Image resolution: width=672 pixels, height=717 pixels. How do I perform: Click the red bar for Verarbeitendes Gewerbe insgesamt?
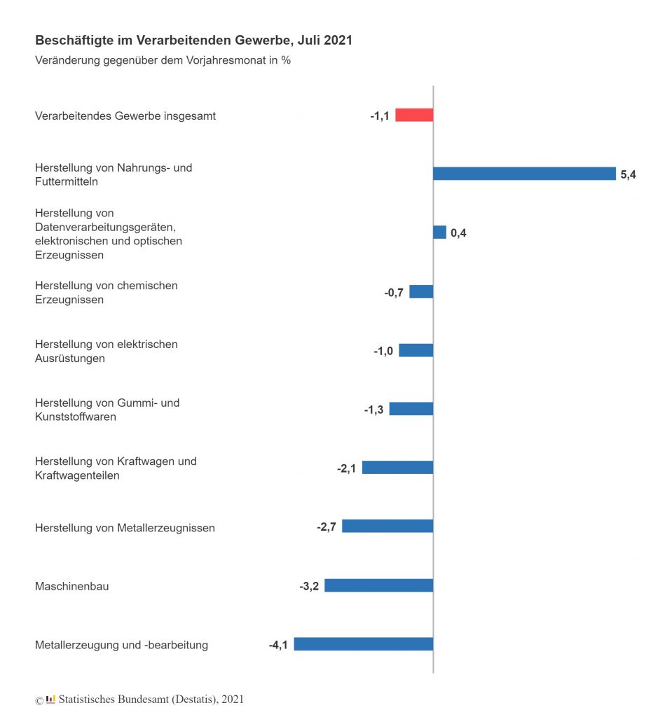[x=414, y=116]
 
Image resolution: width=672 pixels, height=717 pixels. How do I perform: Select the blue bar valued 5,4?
[x=524, y=174]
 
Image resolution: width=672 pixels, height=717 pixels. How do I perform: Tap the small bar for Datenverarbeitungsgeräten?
[x=439, y=232]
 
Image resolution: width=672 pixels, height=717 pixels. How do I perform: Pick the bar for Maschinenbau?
[x=378, y=585]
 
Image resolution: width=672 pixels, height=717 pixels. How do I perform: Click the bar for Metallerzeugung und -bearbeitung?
[x=363, y=644]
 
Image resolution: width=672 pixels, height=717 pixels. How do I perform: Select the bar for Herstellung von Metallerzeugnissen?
[x=388, y=527]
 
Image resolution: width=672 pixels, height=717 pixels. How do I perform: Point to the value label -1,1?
[x=379, y=116]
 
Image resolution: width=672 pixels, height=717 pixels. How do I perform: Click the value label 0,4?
[x=458, y=233]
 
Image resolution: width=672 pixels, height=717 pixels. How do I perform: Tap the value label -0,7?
[x=394, y=292]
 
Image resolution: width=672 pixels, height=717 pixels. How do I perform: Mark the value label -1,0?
[x=383, y=351]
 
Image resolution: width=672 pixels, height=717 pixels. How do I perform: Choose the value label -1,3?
[x=373, y=410]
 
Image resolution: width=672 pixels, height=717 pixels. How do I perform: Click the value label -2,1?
[x=346, y=468]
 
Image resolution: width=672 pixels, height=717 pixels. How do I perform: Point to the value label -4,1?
[x=278, y=645]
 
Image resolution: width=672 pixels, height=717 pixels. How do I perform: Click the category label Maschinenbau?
[x=71, y=586]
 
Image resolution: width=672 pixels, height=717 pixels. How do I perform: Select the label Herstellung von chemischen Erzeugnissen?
[x=107, y=293]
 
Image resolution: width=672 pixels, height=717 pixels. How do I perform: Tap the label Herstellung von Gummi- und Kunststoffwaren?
[x=107, y=410]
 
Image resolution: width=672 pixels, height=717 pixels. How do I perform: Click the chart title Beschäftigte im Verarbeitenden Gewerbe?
[x=193, y=41]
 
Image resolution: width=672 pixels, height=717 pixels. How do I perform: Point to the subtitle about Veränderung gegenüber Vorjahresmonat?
[x=163, y=60]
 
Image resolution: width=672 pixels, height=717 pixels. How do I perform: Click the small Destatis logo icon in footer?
[x=50, y=699]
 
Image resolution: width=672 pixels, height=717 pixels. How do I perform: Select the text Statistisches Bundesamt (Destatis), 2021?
[x=151, y=699]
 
